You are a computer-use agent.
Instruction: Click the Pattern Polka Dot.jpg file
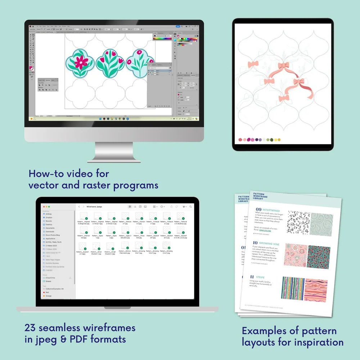click(x=153, y=238)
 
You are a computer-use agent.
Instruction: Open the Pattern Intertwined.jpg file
click(x=83, y=238)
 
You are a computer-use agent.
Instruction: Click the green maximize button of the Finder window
click(x=49, y=207)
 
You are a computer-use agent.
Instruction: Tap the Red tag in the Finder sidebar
click(x=47, y=292)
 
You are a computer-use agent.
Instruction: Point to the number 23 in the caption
click(x=30, y=328)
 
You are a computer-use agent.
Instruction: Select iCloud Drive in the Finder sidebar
click(x=51, y=278)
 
